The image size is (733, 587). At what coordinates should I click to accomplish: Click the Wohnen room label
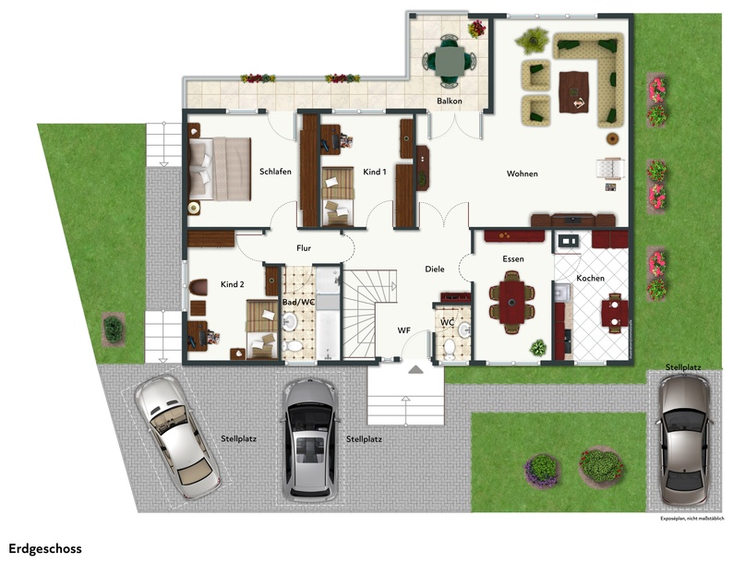pos(523,174)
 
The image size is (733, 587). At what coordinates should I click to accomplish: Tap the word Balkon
pos(450,101)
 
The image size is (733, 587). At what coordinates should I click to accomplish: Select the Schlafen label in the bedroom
pos(275,172)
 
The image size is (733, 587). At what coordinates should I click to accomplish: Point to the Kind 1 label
pos(375,172)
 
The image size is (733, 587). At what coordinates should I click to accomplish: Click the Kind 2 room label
pos(233,284)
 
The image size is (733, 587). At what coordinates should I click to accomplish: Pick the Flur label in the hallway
pos(304,248)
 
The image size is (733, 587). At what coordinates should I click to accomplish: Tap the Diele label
pos(434,270)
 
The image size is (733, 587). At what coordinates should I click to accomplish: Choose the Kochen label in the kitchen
pos(590,278)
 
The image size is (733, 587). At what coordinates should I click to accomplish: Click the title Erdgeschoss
pos(45,548)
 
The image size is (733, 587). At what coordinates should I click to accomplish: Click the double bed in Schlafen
pos(220,169)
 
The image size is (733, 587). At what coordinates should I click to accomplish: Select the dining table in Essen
pos(511,303)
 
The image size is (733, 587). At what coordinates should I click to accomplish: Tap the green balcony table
pos(450,61)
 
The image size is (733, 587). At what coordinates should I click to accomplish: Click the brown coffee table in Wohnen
pos(573,92)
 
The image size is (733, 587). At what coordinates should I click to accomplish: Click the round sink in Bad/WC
pos(290,321)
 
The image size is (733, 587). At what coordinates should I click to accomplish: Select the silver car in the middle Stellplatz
pos(310,438)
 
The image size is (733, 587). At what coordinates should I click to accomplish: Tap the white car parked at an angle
pos(176,437)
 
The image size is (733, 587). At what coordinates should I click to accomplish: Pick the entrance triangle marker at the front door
pos(415,370)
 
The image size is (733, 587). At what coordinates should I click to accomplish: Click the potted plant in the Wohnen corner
pos(533,41)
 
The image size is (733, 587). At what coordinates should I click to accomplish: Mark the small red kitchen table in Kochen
pos(615,313)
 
